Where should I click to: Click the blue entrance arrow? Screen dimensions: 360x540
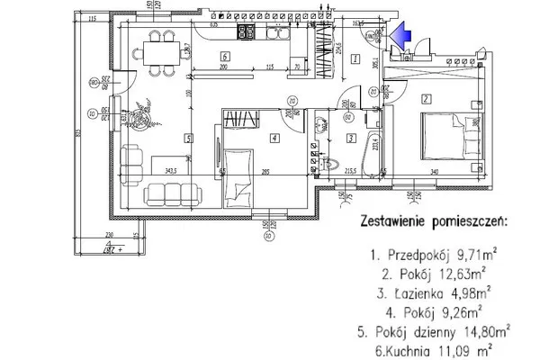coord(403,33)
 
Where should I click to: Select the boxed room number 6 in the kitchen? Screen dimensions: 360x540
coord(222,57)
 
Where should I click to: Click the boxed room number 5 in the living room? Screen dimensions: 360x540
coord(189,138)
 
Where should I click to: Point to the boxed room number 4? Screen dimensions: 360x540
coord(274,138)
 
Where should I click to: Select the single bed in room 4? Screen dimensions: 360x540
coord(237,175)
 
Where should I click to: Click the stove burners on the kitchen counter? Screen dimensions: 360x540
coord(245,35)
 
